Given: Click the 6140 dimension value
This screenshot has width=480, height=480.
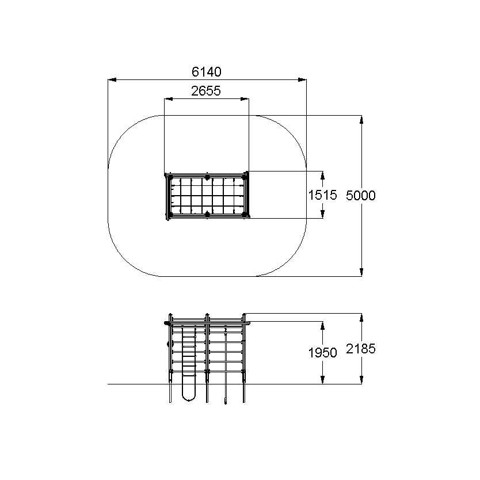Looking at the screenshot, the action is click(206, 71).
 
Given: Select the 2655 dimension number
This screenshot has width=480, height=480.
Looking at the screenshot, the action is click(206, 91).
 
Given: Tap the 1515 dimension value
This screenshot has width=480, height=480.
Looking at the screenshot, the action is click(322, 195).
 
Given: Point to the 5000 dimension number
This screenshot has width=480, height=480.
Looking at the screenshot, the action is click(361, 195).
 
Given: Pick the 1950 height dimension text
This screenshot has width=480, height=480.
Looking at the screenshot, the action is click(322, 353).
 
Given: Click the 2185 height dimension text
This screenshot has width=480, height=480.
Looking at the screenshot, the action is click(361, 349).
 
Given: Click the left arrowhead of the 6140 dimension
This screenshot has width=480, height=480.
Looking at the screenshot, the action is click(112, 80).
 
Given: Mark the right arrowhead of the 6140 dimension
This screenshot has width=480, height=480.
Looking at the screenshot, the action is click(302, 80).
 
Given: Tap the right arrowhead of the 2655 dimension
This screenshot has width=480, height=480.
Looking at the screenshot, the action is click(245, 99).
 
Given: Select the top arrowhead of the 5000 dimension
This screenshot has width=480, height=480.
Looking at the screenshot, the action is click(361, 120).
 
